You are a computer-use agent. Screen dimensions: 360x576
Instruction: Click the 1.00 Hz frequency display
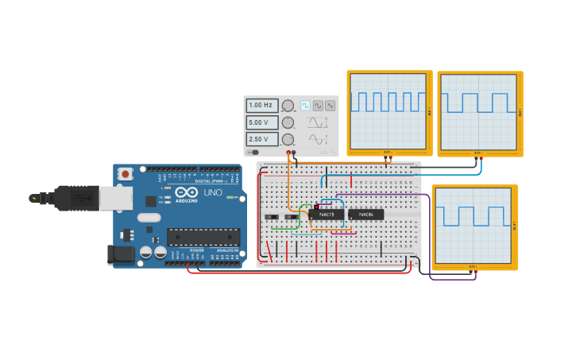coord(261,105)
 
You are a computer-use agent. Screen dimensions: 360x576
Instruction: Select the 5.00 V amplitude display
coord(261,122)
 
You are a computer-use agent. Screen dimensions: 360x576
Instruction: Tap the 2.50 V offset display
coord(261,139)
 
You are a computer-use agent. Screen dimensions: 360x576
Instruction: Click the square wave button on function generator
coord(305,105)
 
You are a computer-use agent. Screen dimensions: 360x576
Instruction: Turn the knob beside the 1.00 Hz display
coord(288,106)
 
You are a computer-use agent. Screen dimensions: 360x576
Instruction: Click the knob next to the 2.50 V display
coord(288,140)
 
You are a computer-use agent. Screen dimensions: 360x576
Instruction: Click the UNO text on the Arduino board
coord(213,192)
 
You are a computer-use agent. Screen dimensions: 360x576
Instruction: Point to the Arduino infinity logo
coord(187,192)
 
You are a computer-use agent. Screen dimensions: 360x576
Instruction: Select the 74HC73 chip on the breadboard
coord(327,215)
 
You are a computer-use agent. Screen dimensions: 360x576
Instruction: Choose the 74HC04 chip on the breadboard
coord(365,215)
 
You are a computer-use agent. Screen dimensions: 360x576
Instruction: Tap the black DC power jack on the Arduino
coord(119,254)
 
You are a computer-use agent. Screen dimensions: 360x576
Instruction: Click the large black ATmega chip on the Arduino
coord(203,236)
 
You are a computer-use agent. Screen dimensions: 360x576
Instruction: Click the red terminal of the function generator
coord(288,152)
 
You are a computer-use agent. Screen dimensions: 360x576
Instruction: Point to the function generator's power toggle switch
coord(254,152)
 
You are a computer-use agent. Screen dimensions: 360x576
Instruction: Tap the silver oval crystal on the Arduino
coord(149,217)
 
